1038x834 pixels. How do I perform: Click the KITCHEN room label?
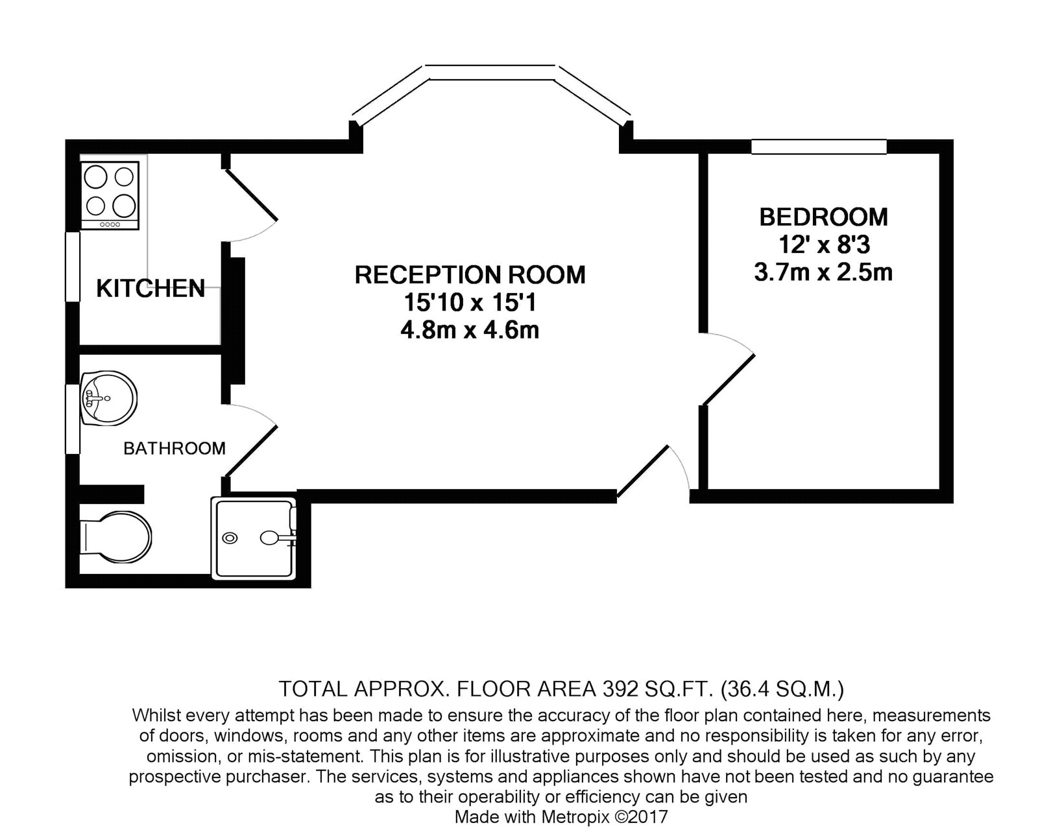click(151, 289)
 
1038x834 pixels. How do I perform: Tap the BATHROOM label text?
click(175, 449)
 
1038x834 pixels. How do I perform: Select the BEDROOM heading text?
click(823, 217)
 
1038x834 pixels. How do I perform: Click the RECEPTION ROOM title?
click(470, 275)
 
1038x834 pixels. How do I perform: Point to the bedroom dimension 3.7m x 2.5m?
click(823, 272)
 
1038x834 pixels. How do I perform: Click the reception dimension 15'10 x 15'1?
click(470, 303)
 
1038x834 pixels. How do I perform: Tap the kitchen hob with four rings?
click(110, 195)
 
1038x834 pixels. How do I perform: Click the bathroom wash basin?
click(109, 398)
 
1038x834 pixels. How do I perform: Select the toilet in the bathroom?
click(115, 538)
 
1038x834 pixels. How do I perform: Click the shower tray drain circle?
click(230, 538)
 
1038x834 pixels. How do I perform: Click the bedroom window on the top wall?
click(819, 147)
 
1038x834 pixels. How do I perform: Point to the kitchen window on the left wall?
click(73, 267)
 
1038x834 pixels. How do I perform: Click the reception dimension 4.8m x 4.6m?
click(470, 331)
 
